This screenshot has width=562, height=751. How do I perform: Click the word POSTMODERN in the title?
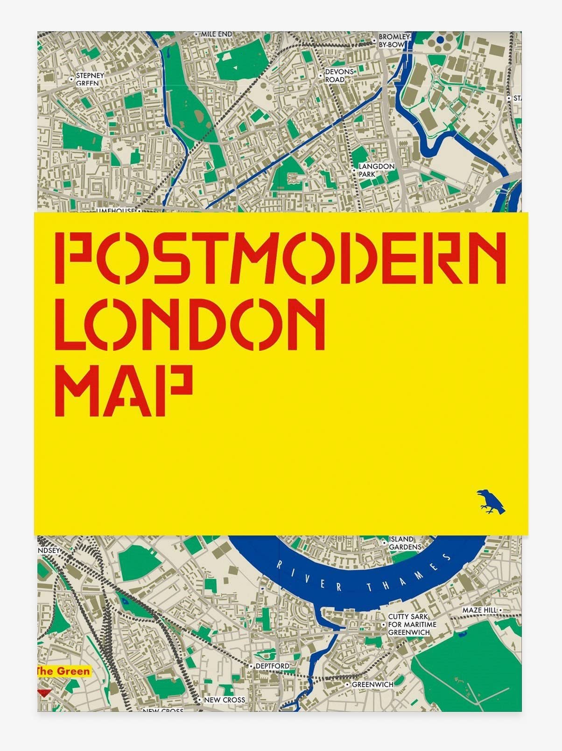(x=280, y=257)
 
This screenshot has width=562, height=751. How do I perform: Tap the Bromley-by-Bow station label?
(x=394, y=41)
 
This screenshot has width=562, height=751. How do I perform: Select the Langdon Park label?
(x=376, y=170)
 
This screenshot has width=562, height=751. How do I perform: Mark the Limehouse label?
(x=115, y=211)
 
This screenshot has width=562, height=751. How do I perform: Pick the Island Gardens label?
(x=405, y=543)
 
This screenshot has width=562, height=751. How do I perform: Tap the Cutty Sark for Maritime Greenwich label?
(x=412, y=625)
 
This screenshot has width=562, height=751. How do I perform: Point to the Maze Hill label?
(x=479, y=610)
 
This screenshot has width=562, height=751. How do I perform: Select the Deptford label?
(x=272, y=666)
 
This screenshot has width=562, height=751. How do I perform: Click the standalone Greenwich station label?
(x=372, y=684)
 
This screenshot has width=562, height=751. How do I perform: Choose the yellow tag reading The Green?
(x=63, y=672)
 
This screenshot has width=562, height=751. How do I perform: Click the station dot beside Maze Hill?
(x=500, y=610)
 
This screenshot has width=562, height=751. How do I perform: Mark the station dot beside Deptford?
(x=251, y=667)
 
